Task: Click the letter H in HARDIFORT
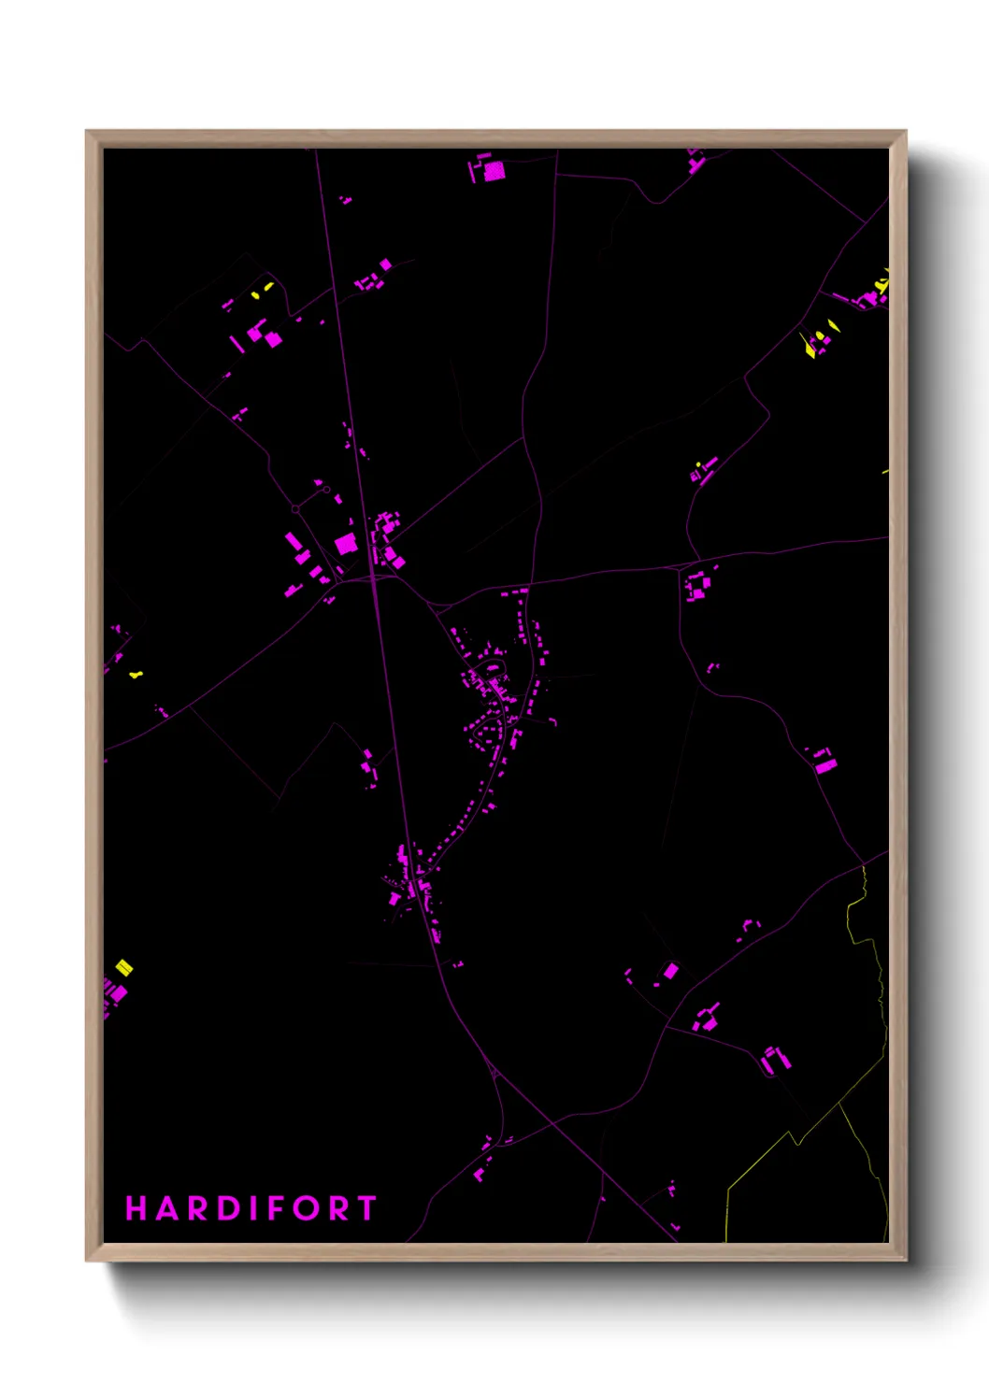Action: coord(136,1208)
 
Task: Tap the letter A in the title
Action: coord(167,1208)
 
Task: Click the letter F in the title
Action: coord(278,1208)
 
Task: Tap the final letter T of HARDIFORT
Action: coord(366,1208)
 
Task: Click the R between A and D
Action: coord(198,1208)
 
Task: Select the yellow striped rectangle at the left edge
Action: coord(123,967)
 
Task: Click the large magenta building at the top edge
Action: coord(494,170)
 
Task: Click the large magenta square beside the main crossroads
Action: coord(345,543)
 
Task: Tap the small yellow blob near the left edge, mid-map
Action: coord(136,674)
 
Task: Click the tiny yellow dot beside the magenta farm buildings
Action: coord(698,463)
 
